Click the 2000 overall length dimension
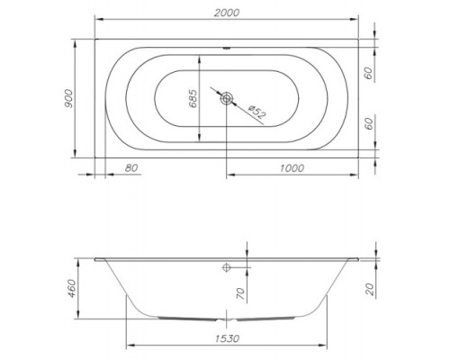point(227,13)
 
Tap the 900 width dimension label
point(68,99)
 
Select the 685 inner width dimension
point(193,98)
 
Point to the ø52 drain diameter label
point(257,111)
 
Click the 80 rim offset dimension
point(131,168)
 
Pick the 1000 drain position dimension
point(292,168)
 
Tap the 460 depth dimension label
point(72,289)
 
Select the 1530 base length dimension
point(227,338)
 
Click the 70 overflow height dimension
point(241,294)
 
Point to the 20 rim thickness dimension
point(370,289)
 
